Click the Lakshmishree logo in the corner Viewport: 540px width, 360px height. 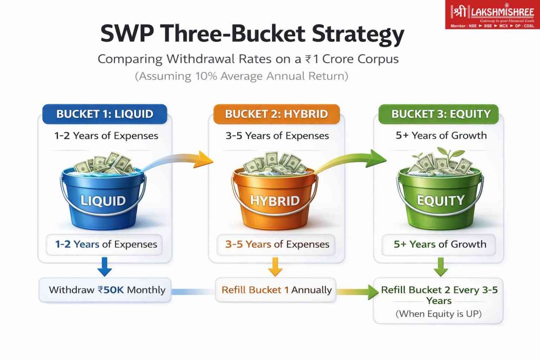pos(492,14)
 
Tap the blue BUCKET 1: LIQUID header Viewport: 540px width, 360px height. pos(105,114)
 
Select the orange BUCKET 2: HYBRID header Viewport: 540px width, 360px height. pos(276,114)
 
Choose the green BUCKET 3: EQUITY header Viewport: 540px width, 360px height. pos(438,114)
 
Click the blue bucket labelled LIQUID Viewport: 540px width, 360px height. pos(103,194)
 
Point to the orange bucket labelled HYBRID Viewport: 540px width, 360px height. pos(274,194)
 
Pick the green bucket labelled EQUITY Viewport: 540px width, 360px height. pos(440,194)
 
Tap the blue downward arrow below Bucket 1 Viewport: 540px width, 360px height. pos(105,266)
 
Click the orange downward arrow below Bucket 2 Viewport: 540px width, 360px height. pos(275,266)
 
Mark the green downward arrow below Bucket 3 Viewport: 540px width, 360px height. pos(440,266)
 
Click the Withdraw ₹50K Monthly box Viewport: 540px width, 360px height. pos(105,290)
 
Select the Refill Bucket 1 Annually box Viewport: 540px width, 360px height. pos(275,290)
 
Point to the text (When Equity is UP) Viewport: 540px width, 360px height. pos(438,314)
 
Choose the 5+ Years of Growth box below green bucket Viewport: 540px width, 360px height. pos(439,245)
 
